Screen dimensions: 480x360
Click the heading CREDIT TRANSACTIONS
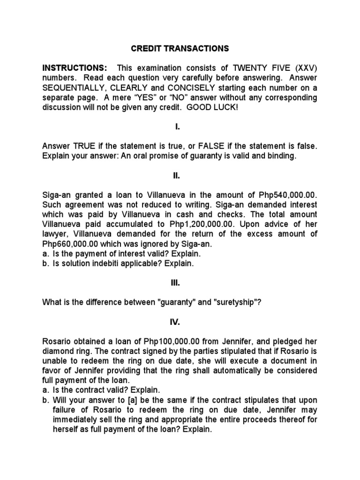click(x=180, y=48)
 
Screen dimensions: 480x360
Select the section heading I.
click(x=180, y=127)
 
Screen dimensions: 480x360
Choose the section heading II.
click(x=180, y=175)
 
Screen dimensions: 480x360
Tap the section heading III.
click(x=180, y=283)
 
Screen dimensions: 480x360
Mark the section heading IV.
click(x=180, y=322)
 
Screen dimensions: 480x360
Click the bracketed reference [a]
click(x=127, y=400)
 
